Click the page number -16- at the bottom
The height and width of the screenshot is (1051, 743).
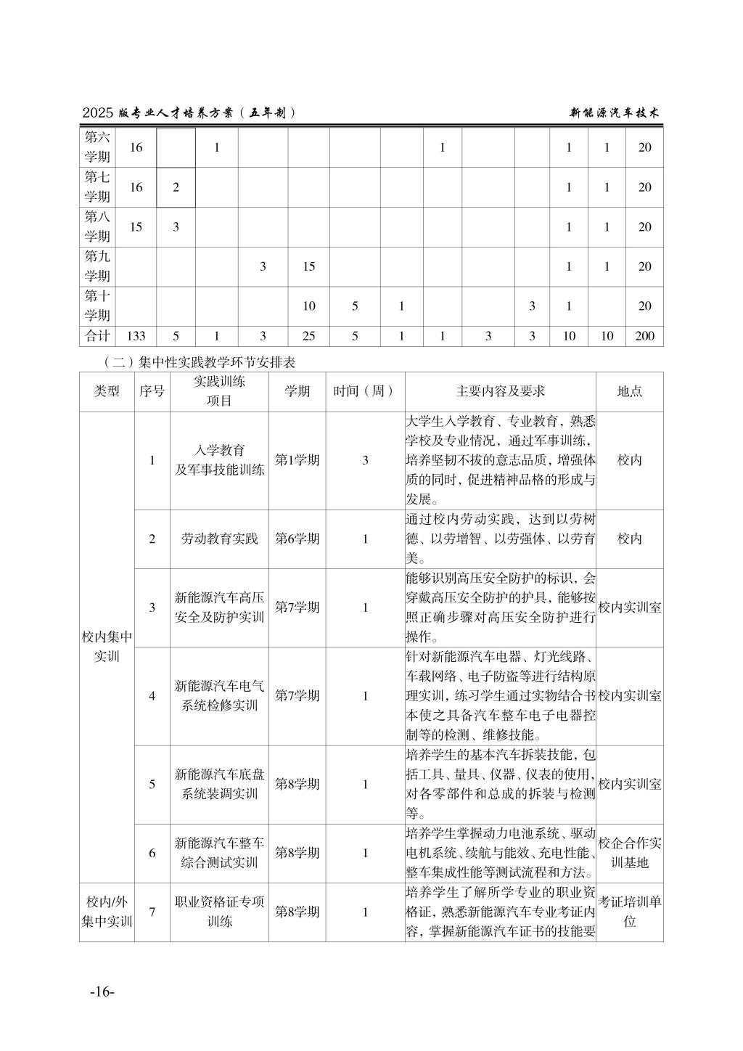(x=102, y=992)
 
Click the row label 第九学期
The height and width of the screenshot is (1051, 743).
(x=98, y=266)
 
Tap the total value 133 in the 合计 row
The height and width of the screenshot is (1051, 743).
(x=136, y=336)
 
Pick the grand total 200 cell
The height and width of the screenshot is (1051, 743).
(x=644, y=336)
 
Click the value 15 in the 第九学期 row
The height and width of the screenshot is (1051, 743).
(x=308, y=266)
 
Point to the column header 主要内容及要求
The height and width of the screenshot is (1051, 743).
(x=500, y=391)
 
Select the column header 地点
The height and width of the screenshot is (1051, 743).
(x=629, y=391)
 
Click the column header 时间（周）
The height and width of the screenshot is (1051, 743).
(x=365, y=391)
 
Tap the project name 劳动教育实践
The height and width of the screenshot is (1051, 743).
(x=219, y=539)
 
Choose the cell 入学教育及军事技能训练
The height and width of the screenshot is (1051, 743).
(x=219, y=460)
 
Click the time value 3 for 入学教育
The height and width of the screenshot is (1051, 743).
(x=365, y=460)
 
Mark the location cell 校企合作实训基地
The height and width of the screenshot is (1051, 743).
(x=629, y=853)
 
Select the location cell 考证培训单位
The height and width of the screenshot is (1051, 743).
(x=629, y=912)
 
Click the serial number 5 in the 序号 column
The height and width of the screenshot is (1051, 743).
(x=152, y=784)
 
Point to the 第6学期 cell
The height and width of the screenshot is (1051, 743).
(x=297, y=539)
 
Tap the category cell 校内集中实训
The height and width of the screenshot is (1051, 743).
(x=107, y=647)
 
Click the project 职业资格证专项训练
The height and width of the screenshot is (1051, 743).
(x=219, y=912)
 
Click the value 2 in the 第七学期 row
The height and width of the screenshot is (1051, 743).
(x=176, y=187)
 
